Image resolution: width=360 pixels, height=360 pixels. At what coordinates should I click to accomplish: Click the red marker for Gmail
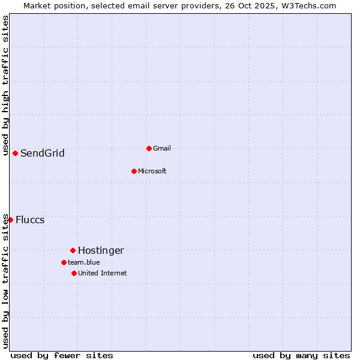coord(149,148)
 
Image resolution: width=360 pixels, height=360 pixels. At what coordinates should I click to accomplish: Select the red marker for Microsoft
coord(134,171)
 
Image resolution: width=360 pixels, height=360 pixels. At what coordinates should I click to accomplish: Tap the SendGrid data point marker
coord(15,153)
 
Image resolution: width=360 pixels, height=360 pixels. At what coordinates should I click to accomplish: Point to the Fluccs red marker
coord(10,220)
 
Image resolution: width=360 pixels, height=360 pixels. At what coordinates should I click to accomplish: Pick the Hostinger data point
coord(73,250)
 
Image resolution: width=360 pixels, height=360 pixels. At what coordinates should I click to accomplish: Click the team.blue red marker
coord(64,262)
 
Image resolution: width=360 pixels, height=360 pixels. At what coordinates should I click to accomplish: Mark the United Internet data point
coord(74,273)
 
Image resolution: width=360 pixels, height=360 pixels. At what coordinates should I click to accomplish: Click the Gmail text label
coord(162,148)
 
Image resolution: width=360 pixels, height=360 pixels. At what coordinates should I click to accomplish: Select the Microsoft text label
coord(152,171)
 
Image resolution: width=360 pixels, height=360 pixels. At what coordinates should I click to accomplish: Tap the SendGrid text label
coord(43,153)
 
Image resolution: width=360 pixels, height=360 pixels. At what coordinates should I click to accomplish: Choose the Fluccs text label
coord(30,220)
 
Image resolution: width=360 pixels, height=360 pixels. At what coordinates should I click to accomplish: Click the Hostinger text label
coord(101,250)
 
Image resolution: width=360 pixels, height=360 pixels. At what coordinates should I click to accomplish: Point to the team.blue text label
coord(84,262)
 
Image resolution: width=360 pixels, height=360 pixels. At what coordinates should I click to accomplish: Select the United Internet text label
coord(103,273)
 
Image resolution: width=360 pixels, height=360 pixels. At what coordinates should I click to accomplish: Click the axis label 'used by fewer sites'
coord(62,355)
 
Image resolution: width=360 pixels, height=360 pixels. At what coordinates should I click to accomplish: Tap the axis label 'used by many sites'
coord(301,355)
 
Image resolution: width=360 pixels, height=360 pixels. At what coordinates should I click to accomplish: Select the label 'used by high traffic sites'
coord(5,85)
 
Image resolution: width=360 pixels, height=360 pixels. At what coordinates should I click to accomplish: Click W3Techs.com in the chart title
coord(309,5)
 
